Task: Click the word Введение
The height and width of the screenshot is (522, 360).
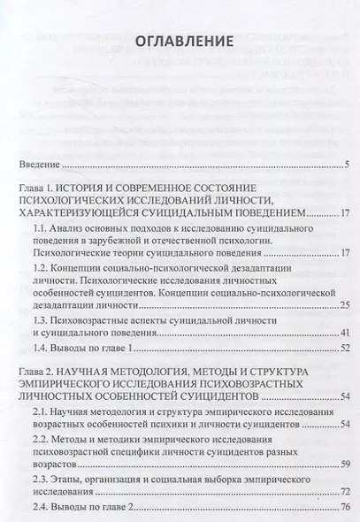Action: pyautogui.click(x=41, y=165)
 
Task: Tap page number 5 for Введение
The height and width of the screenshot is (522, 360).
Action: pyautogui.click(x=349, y=165)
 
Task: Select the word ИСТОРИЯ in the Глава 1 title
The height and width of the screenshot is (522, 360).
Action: pyautogui.click(x=100, y=188)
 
